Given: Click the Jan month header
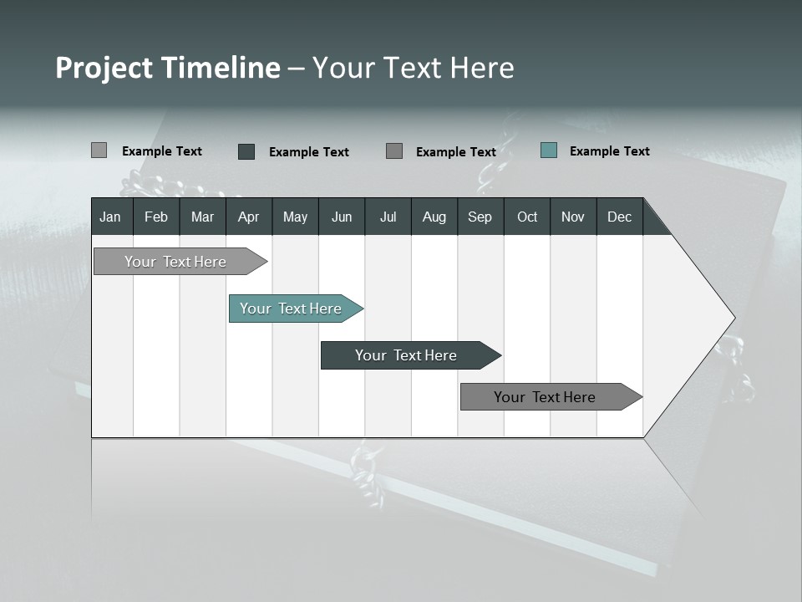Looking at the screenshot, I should (110, 217).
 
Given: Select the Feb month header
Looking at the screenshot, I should (156, 217).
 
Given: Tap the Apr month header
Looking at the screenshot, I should (248, 217).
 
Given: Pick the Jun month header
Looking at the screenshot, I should (342, 217).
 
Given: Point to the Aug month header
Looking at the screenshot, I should (434, 217).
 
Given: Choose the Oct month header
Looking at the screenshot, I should (527, 217).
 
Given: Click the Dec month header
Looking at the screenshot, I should (619, 217).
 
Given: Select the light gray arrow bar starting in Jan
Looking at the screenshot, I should (175, 262).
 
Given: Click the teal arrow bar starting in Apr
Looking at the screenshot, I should (291, 309).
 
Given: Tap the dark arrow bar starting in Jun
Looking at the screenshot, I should (406, 355).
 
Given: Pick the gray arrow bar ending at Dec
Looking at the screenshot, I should (545, 397).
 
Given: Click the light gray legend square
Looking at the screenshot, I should (99, 150).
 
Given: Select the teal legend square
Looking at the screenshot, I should (549, 150).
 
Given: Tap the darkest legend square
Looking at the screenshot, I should (246, 151).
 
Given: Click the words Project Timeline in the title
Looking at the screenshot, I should (167, 68).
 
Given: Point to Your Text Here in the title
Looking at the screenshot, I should (414, 68).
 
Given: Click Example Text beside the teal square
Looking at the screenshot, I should (609, 151).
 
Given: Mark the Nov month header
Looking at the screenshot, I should (573, 217).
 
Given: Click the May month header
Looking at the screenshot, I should (295, 217).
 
